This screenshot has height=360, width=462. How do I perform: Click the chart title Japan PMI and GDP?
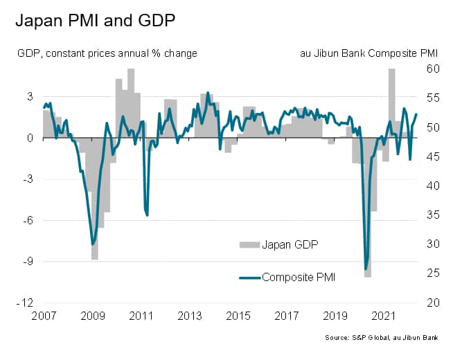pos(95,20)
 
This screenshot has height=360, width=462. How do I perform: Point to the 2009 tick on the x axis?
pos(92,316)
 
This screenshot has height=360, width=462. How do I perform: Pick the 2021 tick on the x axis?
pos(384,316)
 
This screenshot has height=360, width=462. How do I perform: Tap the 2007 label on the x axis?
pos(44,316)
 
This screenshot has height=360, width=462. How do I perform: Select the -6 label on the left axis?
pos(28,221)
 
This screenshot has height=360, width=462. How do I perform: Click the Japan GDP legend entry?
pos(278,244)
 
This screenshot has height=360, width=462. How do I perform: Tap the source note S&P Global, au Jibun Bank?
pos(392,337)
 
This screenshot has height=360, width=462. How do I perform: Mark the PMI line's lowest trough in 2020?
pos(366,269)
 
